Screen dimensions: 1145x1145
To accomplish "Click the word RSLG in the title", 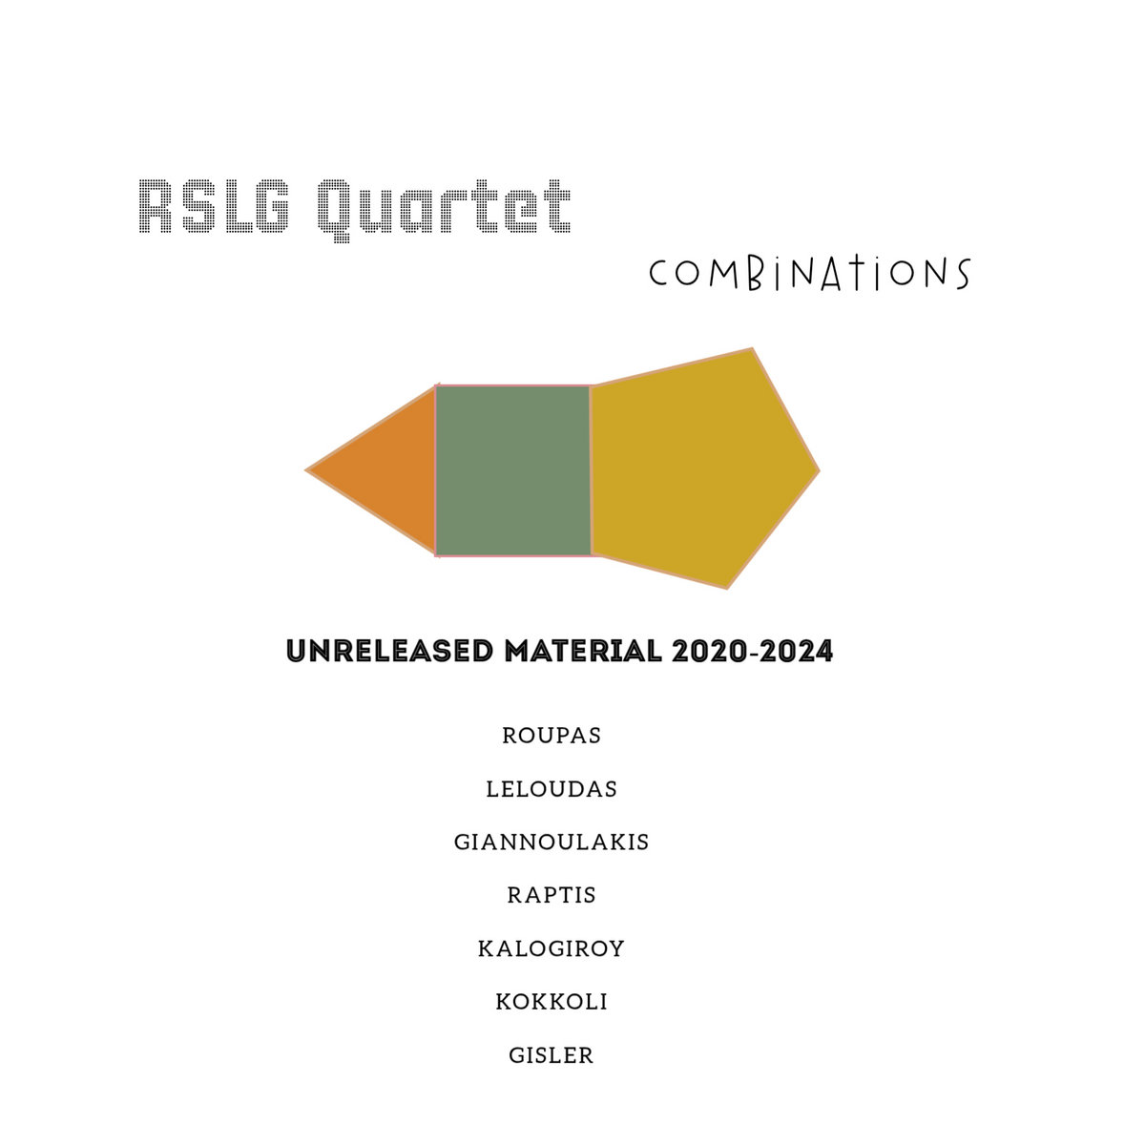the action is click(214, 206).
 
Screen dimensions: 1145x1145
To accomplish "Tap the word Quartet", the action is click(444, 210).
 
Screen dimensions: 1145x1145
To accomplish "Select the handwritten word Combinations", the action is click(809, 274).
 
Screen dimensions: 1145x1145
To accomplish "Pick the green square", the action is click(513, 470).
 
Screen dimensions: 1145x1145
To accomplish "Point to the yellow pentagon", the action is click(701, 469).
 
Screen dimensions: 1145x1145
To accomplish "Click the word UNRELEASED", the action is click(390, 652).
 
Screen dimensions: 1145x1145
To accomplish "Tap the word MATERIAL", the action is click(583, 652).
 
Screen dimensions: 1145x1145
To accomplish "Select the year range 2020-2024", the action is click(752, 652).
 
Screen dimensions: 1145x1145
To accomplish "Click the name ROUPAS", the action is click(552, 736).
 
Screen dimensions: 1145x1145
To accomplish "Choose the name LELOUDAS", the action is click(552, 789).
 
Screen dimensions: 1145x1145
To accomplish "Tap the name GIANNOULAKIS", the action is click(552, 842).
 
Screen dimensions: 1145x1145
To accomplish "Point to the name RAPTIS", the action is click(552, 895).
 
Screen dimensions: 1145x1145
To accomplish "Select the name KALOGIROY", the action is click(552, 948).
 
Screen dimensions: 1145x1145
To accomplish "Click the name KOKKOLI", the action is click(552, 1002).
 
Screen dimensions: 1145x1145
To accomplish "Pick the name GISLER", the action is click(552, 1055).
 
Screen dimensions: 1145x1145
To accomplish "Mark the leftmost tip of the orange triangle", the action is click(306, 470).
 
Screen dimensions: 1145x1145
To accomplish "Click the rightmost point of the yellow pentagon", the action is click(820, 471).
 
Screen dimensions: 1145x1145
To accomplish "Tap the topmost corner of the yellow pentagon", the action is click(752, 349).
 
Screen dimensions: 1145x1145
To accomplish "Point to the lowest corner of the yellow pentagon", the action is click(727, 589).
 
